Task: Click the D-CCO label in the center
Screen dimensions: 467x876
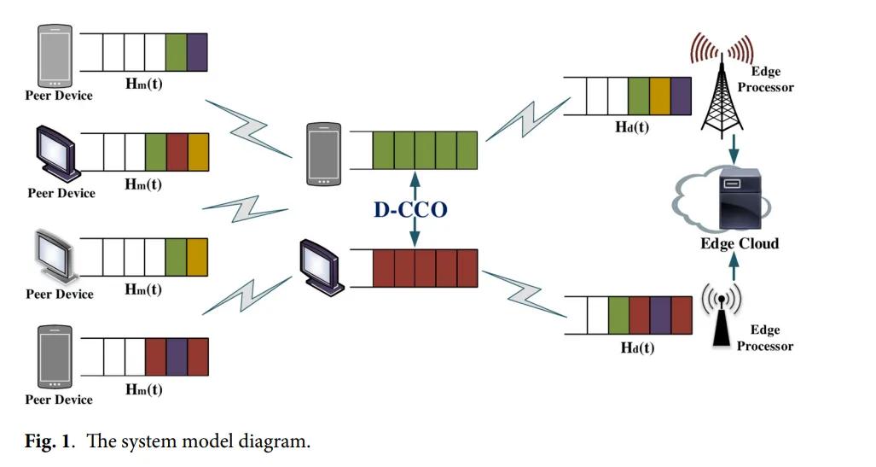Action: pyautogui.click(x=410, y=209)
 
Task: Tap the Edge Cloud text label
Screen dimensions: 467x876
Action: pyautogui.click(x=739, y=243)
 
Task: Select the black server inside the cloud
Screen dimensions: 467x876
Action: pyautogui.click(x=739, y=199)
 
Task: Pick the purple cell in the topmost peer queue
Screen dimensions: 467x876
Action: pyautogui.click(x=197, y=52)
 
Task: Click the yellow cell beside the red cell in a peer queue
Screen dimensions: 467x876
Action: pyautogui.click(x=197, y=153)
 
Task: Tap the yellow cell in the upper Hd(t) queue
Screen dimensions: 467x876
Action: pyautogui.click(x=659, y=96)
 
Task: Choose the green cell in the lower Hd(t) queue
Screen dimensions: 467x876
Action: pyautogui.click(x=618, y=316)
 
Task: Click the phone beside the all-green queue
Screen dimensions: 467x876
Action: pyautogui.click(x=324, y=155)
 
